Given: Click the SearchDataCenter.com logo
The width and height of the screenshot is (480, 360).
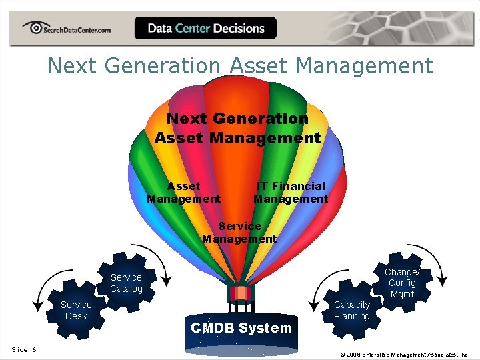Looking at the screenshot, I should [x=67, y=29].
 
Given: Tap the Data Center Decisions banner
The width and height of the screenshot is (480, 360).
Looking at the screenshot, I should [x=205, y=28].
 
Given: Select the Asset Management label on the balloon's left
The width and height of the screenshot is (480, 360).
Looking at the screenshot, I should [x=183, y=193].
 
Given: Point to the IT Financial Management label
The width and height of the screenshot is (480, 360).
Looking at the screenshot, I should [x=291, y=193].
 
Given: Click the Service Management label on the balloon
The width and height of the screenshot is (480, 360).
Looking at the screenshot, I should [x=239, y=233].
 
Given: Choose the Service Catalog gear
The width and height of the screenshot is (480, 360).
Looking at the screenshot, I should [x=126, y=283].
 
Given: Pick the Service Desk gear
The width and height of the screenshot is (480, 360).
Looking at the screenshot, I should [x=76, y=310].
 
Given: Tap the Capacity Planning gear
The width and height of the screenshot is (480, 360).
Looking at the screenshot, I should [x=351, y=310].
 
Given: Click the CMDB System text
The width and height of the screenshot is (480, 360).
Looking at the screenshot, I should [x=241, y=328].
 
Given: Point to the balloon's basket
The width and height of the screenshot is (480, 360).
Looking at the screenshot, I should [x=240, y=294].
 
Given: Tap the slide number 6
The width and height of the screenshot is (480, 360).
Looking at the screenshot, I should [x=34, y=350].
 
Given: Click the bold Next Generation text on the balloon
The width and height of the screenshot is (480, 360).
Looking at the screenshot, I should [x=237, y=119].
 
